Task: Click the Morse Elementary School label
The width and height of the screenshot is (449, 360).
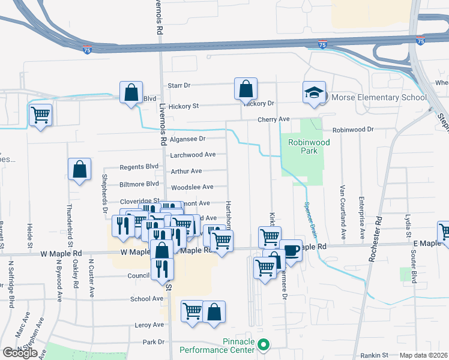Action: pyautogui.click(x=375, y=97)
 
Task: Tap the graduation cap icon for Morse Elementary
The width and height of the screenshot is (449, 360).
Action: pyautogui.click(x=314, y=92)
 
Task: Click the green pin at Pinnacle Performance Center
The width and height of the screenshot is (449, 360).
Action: pyautogui.click(x=263, y=344)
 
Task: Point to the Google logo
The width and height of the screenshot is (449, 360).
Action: pyautogui.click(x=20, y=353)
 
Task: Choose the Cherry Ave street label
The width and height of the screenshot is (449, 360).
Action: pyautogui.click(x=274, y=119)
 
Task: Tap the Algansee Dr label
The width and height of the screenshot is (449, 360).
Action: pyautogui.click(x=187, y=139)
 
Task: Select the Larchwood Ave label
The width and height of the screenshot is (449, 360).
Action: pyautogui.click(x=193, y=154)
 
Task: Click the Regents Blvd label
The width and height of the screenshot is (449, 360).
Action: pyautogui.click(x=139, y=166)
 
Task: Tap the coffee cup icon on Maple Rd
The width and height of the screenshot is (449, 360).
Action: pyautogui.click(x=291, y=250)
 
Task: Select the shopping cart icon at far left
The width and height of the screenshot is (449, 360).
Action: pyautogui.click(x=40, y=114)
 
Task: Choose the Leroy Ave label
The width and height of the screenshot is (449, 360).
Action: pyautogui.click(x=149, y=325)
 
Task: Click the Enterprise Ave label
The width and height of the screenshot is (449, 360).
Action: pyautogui.click(x=362, y=212)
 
